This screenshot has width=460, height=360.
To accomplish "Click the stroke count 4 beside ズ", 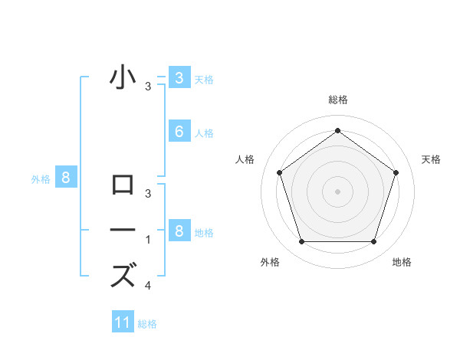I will pos(148,286).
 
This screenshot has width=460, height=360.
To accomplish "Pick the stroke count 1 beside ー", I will pos(148,240).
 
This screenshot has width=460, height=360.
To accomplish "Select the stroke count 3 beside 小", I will pos(148,87).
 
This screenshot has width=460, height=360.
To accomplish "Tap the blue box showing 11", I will pos(123,322).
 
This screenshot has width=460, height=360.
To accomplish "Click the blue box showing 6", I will pos(179,132).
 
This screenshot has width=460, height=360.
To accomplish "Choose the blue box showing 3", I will pos(179,77).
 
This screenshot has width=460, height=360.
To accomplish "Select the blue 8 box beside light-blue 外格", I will pos(67,178).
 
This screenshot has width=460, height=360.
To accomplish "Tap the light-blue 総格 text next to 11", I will pos(147,324).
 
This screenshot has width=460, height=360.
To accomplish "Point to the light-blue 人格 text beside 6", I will pos(204,133).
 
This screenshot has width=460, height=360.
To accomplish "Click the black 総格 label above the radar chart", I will pos(338,100).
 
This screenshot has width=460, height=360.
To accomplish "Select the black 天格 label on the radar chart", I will pos(432,159).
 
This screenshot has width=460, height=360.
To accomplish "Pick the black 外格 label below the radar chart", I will pos(270,262).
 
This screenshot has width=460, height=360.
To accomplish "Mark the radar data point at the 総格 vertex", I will pos(338,131).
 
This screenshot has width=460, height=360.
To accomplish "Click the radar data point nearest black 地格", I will pos(374,242).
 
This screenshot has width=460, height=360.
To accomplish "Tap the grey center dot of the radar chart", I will pos(338,191).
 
